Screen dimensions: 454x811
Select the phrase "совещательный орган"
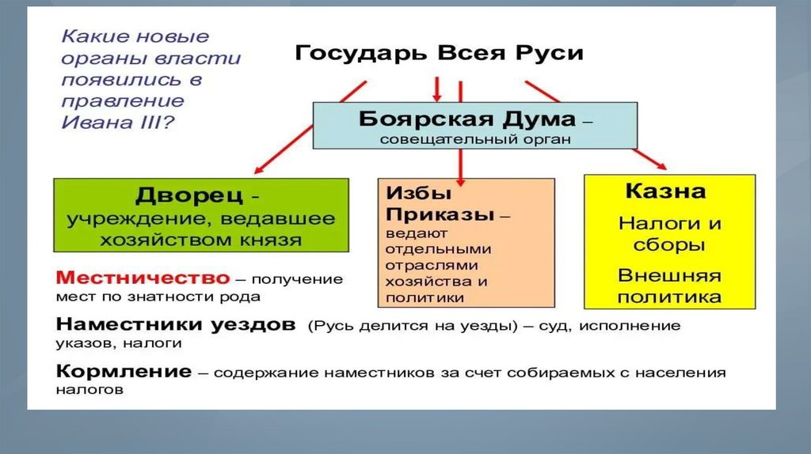click(x=474, y=139)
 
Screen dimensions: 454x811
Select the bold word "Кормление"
click(x=124, y=371)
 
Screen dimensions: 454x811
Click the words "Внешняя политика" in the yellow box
click(x=669, y=286)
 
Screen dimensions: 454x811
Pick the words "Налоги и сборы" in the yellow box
click(x=669, y=234)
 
